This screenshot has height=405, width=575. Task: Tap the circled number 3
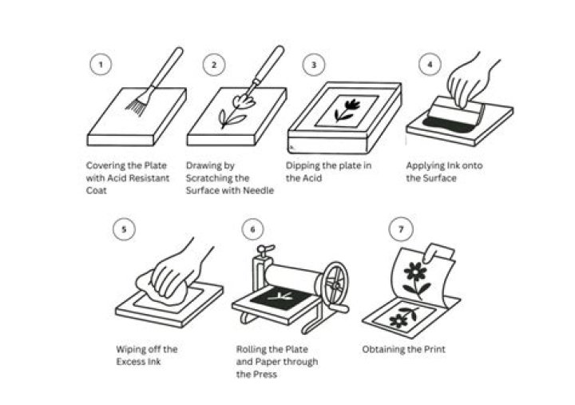point(314,66)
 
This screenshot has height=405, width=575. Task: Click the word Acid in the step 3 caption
point(305,178)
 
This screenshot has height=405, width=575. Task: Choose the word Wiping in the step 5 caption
point(133,349)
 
